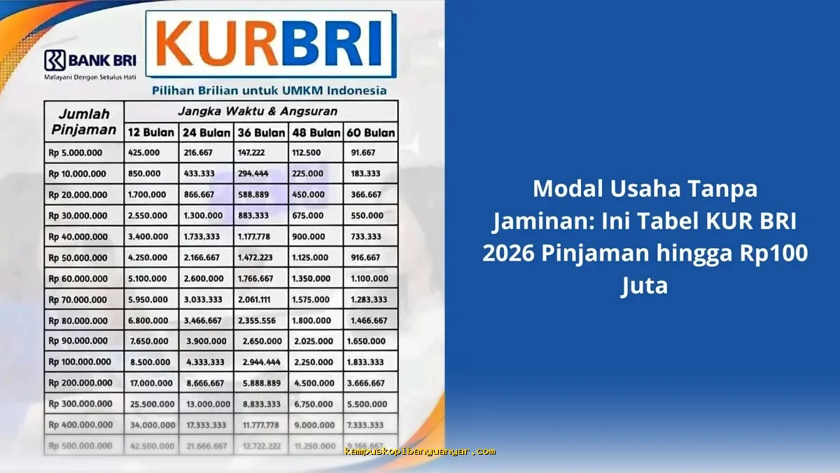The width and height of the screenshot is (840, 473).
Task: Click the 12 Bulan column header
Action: point(151,132)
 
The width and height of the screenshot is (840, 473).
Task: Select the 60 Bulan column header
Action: point(370,132)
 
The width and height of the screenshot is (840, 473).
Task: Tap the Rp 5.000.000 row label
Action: point(76,153)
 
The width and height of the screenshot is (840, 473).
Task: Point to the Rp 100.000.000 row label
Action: point(80,362)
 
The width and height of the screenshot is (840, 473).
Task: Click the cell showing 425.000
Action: point(143,153)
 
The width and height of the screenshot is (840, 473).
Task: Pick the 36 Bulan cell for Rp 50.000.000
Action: point(256,258)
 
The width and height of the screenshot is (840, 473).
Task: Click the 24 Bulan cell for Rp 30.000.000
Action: point(204,216)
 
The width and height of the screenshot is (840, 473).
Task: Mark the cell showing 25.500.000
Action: point(150,404)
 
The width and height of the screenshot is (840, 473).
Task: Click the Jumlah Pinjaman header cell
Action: point(84,121)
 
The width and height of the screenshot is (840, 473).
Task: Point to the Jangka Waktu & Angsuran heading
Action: point(258,111)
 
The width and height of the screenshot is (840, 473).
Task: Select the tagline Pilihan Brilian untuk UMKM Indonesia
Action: point(269,90)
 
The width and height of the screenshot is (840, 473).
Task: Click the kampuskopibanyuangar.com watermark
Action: point(420,452)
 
